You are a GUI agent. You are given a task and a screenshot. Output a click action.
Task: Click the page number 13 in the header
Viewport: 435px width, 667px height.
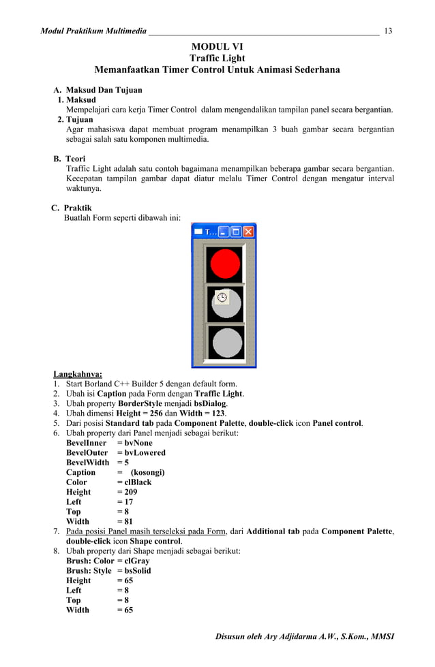point(388,31)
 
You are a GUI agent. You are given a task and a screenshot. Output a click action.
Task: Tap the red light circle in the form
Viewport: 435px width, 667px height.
point(224,263)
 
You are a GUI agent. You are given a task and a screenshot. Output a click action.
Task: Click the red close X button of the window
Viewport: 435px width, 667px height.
point(248,232)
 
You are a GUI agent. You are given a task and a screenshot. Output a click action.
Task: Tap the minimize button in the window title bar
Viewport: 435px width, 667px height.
point(223,232)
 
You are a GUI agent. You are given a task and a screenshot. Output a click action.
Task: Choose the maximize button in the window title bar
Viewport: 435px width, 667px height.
point(236,232)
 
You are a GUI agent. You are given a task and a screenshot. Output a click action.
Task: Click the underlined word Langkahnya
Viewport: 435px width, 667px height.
point(78,373)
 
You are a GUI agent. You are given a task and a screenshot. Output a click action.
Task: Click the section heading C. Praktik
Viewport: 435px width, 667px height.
point(72,208)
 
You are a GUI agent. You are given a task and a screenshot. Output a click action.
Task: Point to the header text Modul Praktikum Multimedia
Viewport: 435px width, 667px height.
point(93,31)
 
